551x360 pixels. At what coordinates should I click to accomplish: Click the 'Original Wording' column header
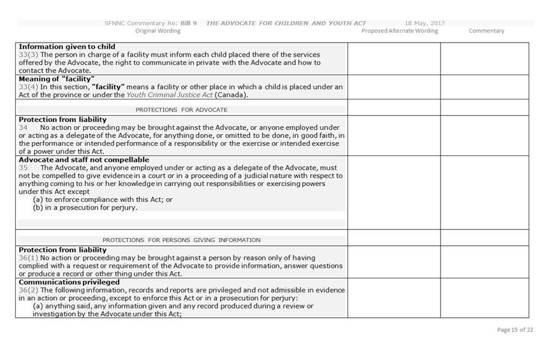(x=158, y=31)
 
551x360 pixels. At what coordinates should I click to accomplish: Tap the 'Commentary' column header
(x=486, y=31)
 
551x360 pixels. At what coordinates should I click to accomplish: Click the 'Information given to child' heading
(x=67, y=47)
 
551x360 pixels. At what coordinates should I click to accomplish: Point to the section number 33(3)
(x=29, y=55)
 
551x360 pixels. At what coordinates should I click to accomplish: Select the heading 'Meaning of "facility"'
(x=57, y=79)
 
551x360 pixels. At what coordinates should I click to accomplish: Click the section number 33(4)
(x=29, y=87)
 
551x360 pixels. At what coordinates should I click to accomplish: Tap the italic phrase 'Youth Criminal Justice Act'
(x=170, y=95)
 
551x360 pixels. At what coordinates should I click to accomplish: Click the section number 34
(x=24, y=127)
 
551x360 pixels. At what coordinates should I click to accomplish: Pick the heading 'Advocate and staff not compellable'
(x=84, y=160)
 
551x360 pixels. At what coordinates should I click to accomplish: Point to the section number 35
(x=24, y=168)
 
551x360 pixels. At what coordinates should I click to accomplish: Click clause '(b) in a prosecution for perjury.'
(x=85, y=207)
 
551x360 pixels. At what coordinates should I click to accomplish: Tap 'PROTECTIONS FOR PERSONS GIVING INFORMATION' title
(x=181, y=240)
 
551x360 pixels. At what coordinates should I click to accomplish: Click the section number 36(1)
(x=29, y=257)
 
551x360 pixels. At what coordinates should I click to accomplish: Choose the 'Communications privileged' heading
(x=69, y=282)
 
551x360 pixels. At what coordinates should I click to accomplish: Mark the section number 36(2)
(x=29, y=290)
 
